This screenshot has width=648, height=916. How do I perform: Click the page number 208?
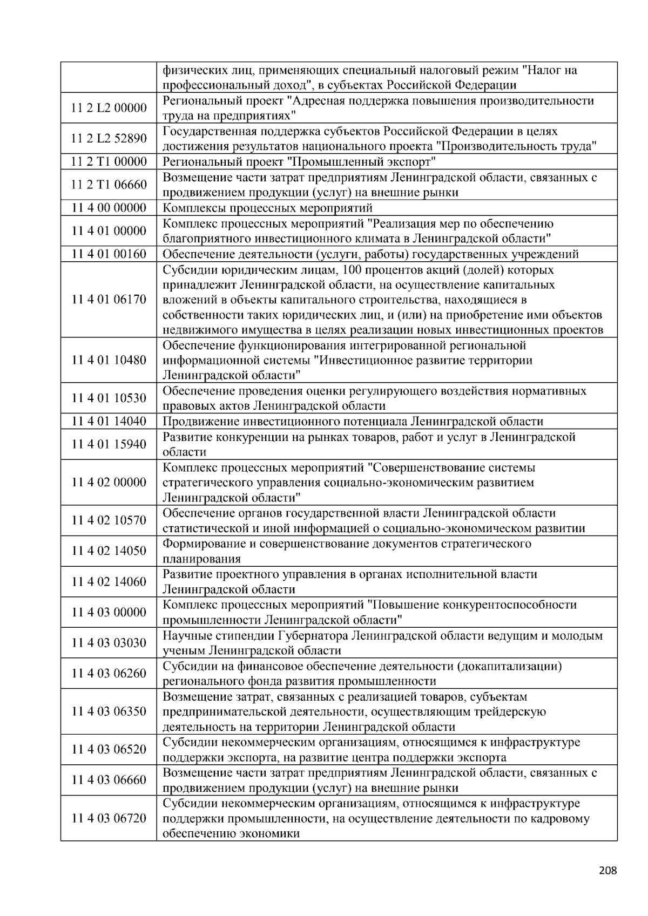[x=607, y=870]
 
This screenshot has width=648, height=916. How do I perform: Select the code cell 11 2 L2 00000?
[x=109, y=108]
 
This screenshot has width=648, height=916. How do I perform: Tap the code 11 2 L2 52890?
[x=109, y=139]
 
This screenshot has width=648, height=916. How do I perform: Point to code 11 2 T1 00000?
[x=109, y=161]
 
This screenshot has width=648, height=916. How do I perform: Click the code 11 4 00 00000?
[x=109, y=208]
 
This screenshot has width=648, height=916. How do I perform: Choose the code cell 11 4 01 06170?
[x=109, y=300]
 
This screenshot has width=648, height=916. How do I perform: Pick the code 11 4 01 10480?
[x=109, y=360]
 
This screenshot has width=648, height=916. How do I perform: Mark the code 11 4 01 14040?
[x=109, y=421]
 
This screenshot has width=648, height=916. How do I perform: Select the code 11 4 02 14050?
[x=109, y=551]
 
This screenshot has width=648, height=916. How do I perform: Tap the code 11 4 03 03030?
[x=109, y=643]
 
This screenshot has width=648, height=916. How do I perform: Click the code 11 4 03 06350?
[x=109, y=711]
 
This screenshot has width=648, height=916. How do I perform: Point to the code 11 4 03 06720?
[x=109, y=818]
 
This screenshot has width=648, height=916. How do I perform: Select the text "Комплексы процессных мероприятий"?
[x=268, y=208]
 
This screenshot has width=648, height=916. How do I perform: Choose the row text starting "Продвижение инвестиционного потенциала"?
[x=353, y=421]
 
